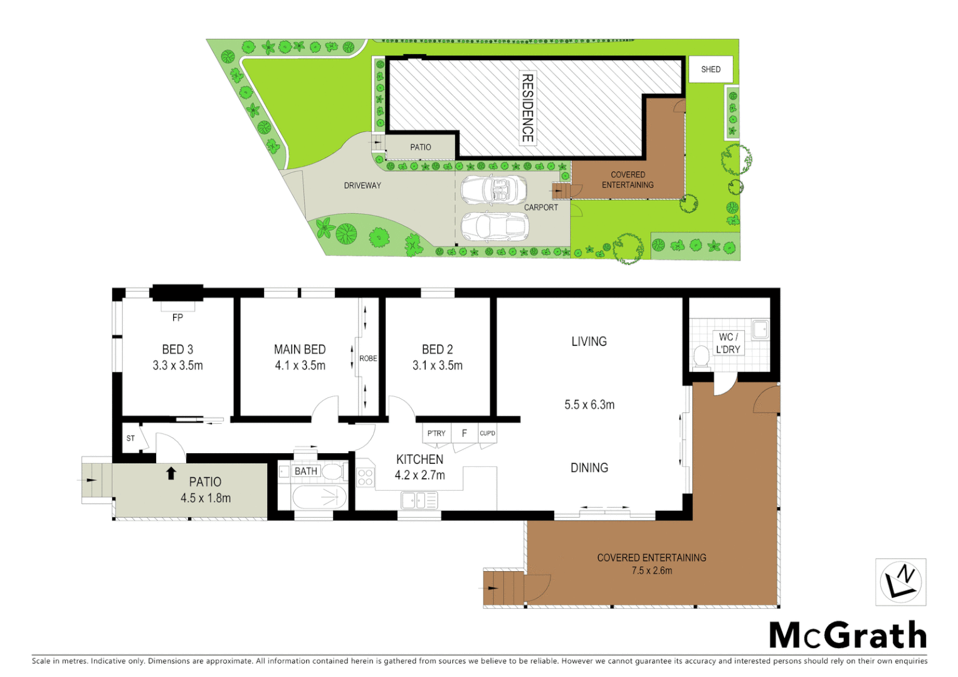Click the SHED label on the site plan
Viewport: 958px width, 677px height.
[710, 70]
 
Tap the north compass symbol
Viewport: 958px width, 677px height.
[900, 582]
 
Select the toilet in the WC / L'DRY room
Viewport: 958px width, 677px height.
[702, 357]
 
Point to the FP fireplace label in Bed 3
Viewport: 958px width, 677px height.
[177, 318]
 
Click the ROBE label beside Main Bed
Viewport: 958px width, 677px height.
[368, 359]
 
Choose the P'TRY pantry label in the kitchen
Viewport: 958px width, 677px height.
[436, 433]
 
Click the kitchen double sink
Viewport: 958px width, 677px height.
[419, 500]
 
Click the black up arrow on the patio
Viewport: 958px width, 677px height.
[171, 473]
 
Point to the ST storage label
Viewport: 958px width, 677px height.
[130, 438]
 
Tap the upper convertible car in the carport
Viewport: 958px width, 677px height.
[493, 189]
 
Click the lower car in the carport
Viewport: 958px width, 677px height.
[493, 226]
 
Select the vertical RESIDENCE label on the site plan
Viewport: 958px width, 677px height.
[528, 108]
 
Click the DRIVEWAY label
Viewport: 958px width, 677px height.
[362, 186]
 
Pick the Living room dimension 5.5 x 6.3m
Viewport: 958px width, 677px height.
[589, 405]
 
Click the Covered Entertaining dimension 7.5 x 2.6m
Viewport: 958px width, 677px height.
[651, 570]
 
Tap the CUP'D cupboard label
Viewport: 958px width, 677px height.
[487, 433]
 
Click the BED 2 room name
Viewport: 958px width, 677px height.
[437, 349]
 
